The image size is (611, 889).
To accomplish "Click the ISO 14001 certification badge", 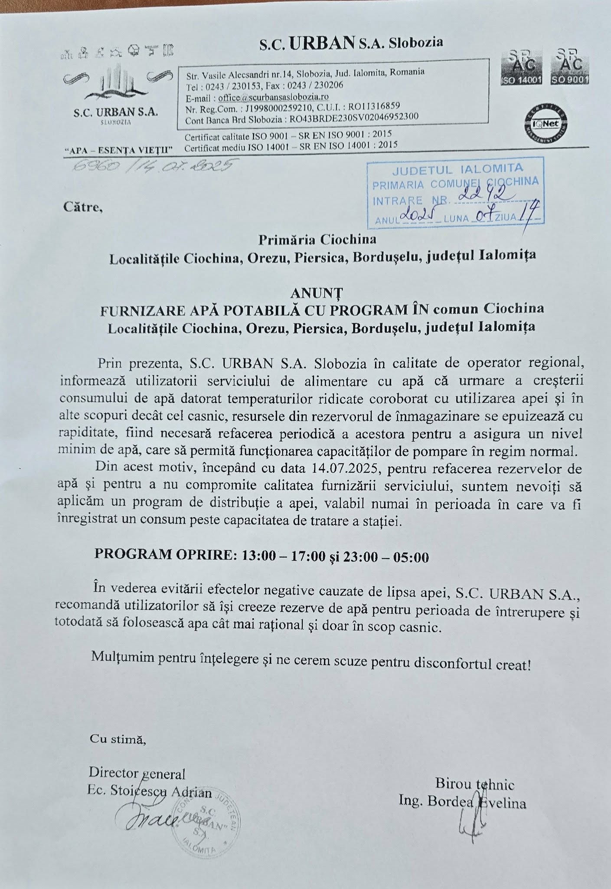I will (x=521, y=67).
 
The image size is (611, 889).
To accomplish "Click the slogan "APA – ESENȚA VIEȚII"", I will (x=118, y=150).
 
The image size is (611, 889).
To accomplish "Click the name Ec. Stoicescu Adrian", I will (x=150, y=793).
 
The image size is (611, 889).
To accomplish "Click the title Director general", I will (x=137, y=773).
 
